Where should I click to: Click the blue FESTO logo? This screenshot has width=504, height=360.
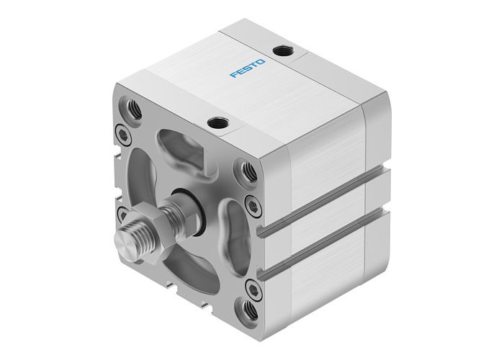(x=248, y=69)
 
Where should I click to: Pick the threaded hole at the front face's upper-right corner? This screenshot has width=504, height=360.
(x=249, y=171)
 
